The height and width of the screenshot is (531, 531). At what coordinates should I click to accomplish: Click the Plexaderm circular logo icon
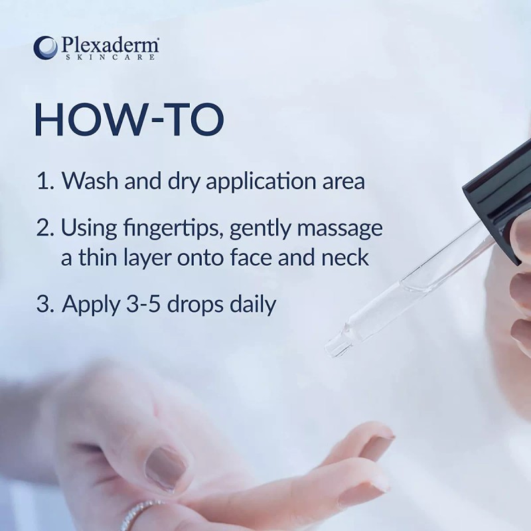[x=45, y=48]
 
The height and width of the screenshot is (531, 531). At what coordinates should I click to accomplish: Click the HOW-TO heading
[x=129, y=120]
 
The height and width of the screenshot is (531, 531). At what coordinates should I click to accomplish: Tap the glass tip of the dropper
[x=337, y=344]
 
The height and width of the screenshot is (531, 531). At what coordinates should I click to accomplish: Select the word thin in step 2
[x=102, y=258]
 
